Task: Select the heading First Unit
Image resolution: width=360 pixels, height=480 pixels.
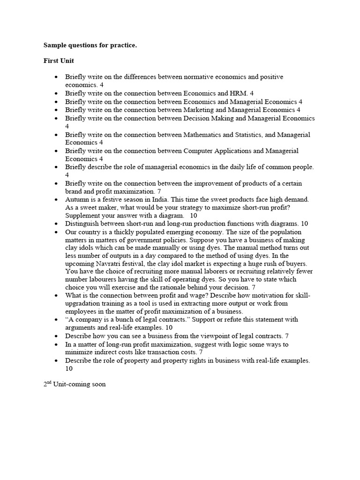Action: (x=59, y=61)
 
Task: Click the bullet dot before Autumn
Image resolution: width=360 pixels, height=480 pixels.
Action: (x=57, y=200)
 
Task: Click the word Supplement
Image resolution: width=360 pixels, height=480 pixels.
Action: (x=84, y=216)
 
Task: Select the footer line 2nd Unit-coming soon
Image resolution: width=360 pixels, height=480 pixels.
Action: (x=75, y=384)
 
